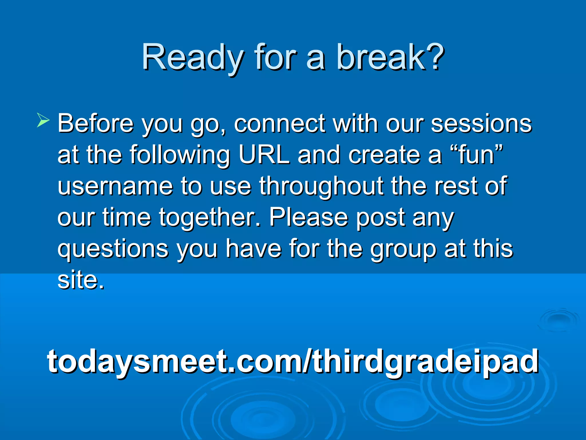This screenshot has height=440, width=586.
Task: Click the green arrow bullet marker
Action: tap(43, 120)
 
